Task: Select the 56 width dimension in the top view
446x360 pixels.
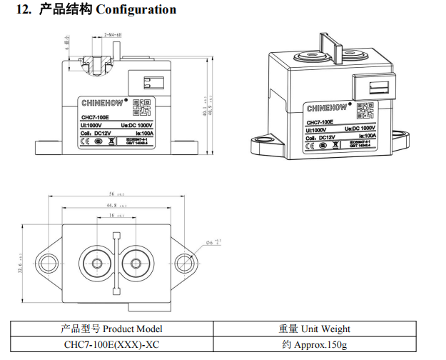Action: click(113, 194)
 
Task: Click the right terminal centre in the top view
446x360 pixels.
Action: click(132, 261)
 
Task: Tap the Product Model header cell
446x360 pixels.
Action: click(111, 329)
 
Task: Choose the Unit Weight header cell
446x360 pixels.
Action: click(314, 329)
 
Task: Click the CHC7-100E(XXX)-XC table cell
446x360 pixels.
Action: click(111, 345)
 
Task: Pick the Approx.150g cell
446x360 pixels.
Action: click(314, 345)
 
